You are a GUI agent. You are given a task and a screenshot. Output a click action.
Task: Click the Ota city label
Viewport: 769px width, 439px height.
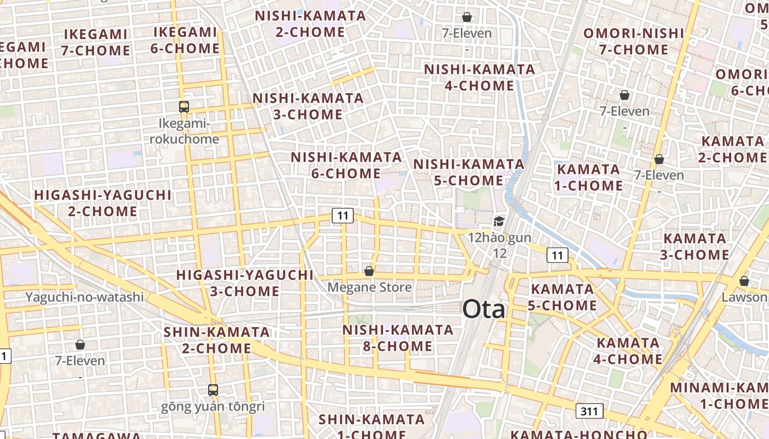(x=483, y=310)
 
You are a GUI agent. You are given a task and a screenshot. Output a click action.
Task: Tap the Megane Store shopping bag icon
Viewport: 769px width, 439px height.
(x=369, y=271)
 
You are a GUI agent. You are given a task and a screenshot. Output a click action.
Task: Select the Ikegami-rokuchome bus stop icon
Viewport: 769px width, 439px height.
(x=184, y=107)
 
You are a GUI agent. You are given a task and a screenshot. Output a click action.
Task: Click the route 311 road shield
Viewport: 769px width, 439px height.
(x=590, y=411)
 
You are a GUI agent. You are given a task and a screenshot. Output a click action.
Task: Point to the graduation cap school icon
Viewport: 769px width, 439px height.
(x=499, y=221)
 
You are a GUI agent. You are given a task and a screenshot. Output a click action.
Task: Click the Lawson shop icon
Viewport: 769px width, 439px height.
(x=744, y=281)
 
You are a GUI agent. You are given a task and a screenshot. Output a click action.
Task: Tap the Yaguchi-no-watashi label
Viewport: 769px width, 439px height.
(x=85, y=297)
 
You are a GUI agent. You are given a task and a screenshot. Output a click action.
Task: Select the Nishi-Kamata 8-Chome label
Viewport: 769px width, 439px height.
(x=398, y=338)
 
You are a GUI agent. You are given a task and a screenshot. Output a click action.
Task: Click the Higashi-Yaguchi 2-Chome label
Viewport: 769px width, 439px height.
(x=103, y=203)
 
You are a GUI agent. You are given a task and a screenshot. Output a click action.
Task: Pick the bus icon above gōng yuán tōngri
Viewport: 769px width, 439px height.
(x=213, y=390)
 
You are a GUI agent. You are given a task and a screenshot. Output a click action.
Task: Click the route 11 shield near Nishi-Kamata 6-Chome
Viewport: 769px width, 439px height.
(x=342, y=216)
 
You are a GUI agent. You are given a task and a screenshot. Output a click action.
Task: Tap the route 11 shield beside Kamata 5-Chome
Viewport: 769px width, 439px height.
(x=557, y=255)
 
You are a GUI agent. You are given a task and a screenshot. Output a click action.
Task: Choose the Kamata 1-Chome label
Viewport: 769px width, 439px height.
(x=588, y=177)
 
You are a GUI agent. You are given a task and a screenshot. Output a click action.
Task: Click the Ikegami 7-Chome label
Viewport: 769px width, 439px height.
(x=96, y=42)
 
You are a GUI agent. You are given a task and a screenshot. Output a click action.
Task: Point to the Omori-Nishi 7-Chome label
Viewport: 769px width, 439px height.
(x=633, y=41)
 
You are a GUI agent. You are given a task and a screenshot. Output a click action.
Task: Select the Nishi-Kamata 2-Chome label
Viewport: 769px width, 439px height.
(x=310, y=24)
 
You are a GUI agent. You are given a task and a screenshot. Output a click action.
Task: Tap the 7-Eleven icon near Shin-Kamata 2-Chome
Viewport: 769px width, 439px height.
(x=80, y=345)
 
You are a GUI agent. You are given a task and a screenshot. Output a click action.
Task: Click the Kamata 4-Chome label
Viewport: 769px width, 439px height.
(x=629, y=351)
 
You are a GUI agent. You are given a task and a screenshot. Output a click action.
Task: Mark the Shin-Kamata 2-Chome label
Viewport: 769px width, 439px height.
(x=216, y=340)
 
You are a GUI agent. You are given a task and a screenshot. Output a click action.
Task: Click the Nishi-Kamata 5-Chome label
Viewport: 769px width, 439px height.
(x=469, y=172)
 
